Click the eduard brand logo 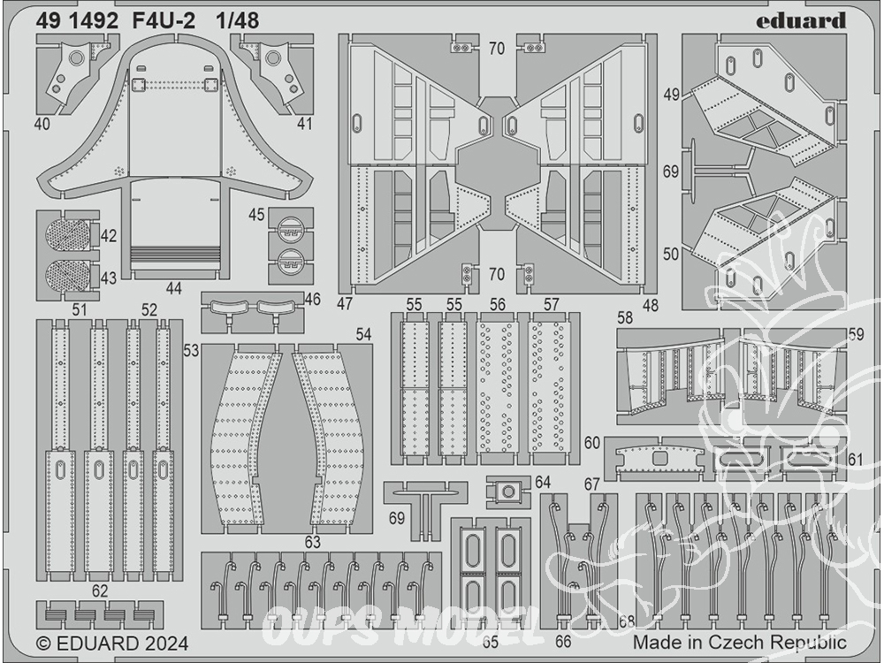click(x=801, y=21)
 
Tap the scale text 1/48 click(x=237, y=21)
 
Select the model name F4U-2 click(x=164, y=21)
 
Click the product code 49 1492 click(x=77, y=21)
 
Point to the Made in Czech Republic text click(x=740, y=642)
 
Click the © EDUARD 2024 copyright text click(x=111, y=644)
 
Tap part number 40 click(x=42, y=124)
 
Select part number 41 click(x=304, y=124)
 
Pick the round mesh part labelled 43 click(x=67, y=276)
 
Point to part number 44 click(x=174, y=289)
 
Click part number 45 click(x=256, y=215)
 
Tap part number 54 click(x=363, y=334)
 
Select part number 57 click(x=551, y=304)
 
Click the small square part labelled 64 click(x=508, y=492)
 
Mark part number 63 click(x=312, y=542)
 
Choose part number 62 click(x=99, y=591)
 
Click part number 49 click(x=672, y=95)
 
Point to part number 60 click(x=592, y=443)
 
